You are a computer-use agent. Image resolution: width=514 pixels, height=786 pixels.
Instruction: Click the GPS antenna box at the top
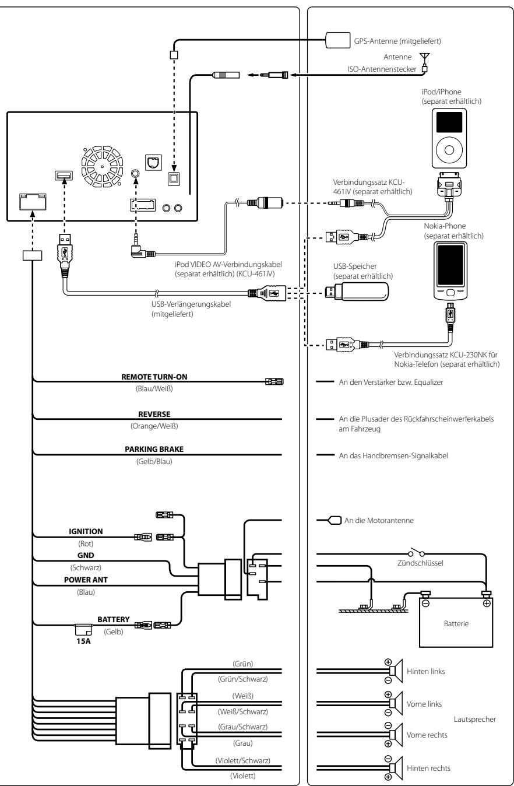[337, 40]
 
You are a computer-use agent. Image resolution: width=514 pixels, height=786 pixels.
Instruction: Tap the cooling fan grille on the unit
[102, 167]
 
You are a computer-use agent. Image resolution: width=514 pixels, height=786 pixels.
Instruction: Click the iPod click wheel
[449, 150]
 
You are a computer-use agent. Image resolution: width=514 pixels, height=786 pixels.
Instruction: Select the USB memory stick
[357, 292]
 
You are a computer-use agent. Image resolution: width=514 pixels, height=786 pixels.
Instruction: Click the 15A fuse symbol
[83, 630]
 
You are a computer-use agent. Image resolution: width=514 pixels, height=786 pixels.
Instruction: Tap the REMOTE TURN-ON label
[154, 377]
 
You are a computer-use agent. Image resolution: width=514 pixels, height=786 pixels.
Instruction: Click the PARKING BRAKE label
[154, 449]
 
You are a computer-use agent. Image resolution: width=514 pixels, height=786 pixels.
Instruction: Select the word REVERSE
[154, 414]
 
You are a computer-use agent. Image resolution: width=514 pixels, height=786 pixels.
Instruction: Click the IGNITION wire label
[86, 531]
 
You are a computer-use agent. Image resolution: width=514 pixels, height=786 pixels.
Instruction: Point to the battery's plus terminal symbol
[487, 603]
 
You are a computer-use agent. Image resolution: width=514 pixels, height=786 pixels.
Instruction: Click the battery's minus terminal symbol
[425, 603]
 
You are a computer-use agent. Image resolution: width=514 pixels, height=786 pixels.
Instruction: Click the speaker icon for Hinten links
[396, 671]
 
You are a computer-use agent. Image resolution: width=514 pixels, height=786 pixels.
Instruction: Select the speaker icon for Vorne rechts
[396, 735]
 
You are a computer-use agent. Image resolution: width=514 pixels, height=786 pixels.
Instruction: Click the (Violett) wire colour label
[243, 776]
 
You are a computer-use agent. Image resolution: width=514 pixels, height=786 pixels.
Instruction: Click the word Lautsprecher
[475, 720]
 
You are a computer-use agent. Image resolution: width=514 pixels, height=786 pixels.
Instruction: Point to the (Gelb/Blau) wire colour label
[154, 461]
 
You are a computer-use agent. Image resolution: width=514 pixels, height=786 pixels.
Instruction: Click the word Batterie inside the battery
[456, 623]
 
